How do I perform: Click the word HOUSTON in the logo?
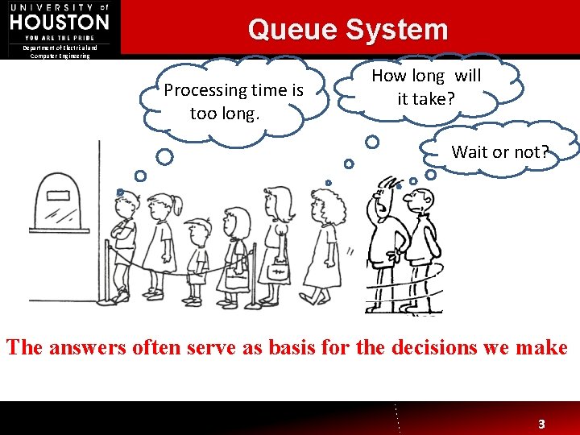click(60, 22)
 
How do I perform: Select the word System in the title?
click(397, 30)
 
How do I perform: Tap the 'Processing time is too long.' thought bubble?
click(232, 101)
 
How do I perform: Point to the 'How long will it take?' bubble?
click(426, 87)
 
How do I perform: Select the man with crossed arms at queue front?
click(123, 242)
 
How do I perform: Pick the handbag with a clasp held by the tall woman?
click(279, 271)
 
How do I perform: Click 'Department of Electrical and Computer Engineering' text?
click(60, 52)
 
